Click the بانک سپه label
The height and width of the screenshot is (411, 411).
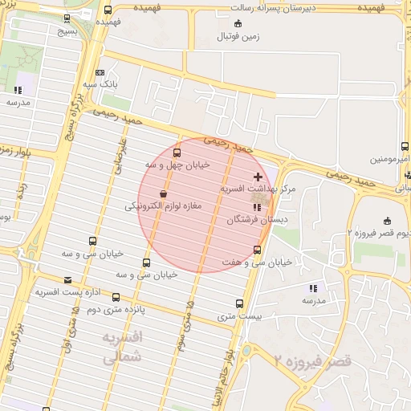coord(104,83)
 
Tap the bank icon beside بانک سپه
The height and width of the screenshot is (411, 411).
coord(99,71)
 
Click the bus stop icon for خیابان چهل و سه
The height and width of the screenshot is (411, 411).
coord(177,153)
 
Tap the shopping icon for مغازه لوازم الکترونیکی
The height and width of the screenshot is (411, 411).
coord(164,193)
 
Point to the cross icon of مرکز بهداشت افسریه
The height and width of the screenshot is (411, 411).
coord(257,176)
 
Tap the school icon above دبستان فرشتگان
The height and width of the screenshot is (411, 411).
coord(257,208)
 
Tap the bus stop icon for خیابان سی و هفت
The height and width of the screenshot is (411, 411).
coord(257,250)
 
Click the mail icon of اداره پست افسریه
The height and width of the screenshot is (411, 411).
coord(67,280)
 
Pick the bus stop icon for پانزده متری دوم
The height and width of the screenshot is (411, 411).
coord(116,297)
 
